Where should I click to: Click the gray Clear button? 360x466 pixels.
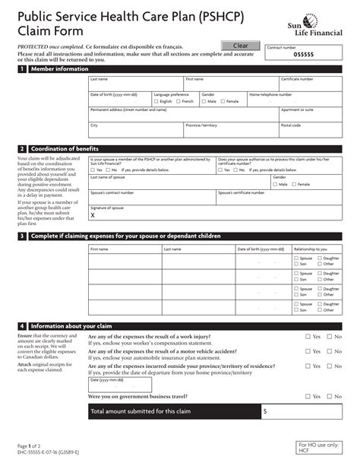[x=240, y=46]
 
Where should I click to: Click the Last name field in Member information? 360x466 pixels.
[x=135, y=84]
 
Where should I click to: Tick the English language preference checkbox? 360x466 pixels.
[x=156, y=101]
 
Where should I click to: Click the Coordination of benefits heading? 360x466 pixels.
[x=64, y=149]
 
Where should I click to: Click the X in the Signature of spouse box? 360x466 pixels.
[x=93, y=215]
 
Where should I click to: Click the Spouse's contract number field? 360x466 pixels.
[x=151, y=198]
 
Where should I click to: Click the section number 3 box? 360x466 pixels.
[x=23, y=236]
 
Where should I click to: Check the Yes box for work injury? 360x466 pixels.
[x=308, y=336]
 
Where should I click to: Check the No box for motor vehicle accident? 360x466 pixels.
[x=330, y=351]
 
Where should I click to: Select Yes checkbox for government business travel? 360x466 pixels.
[x=308, y=396]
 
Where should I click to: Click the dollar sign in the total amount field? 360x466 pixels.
[x=265, y=411]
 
